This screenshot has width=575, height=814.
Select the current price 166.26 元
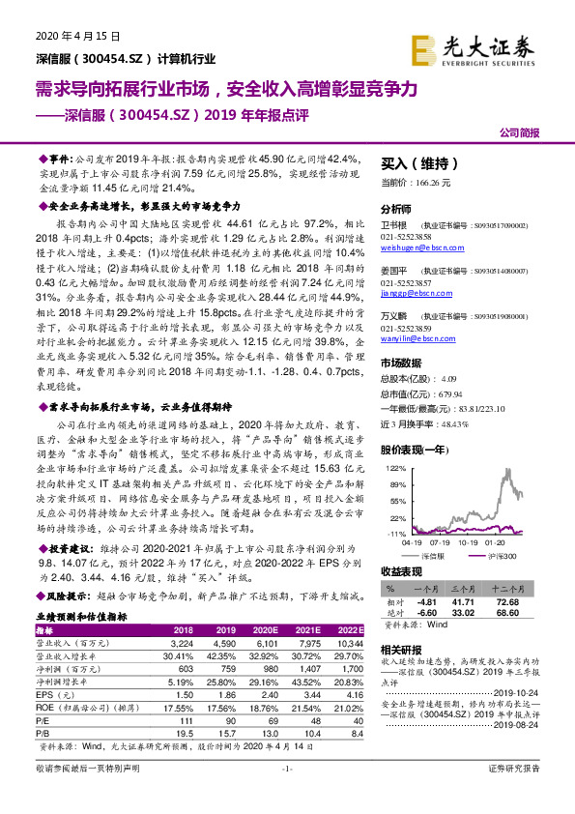point(417,182)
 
